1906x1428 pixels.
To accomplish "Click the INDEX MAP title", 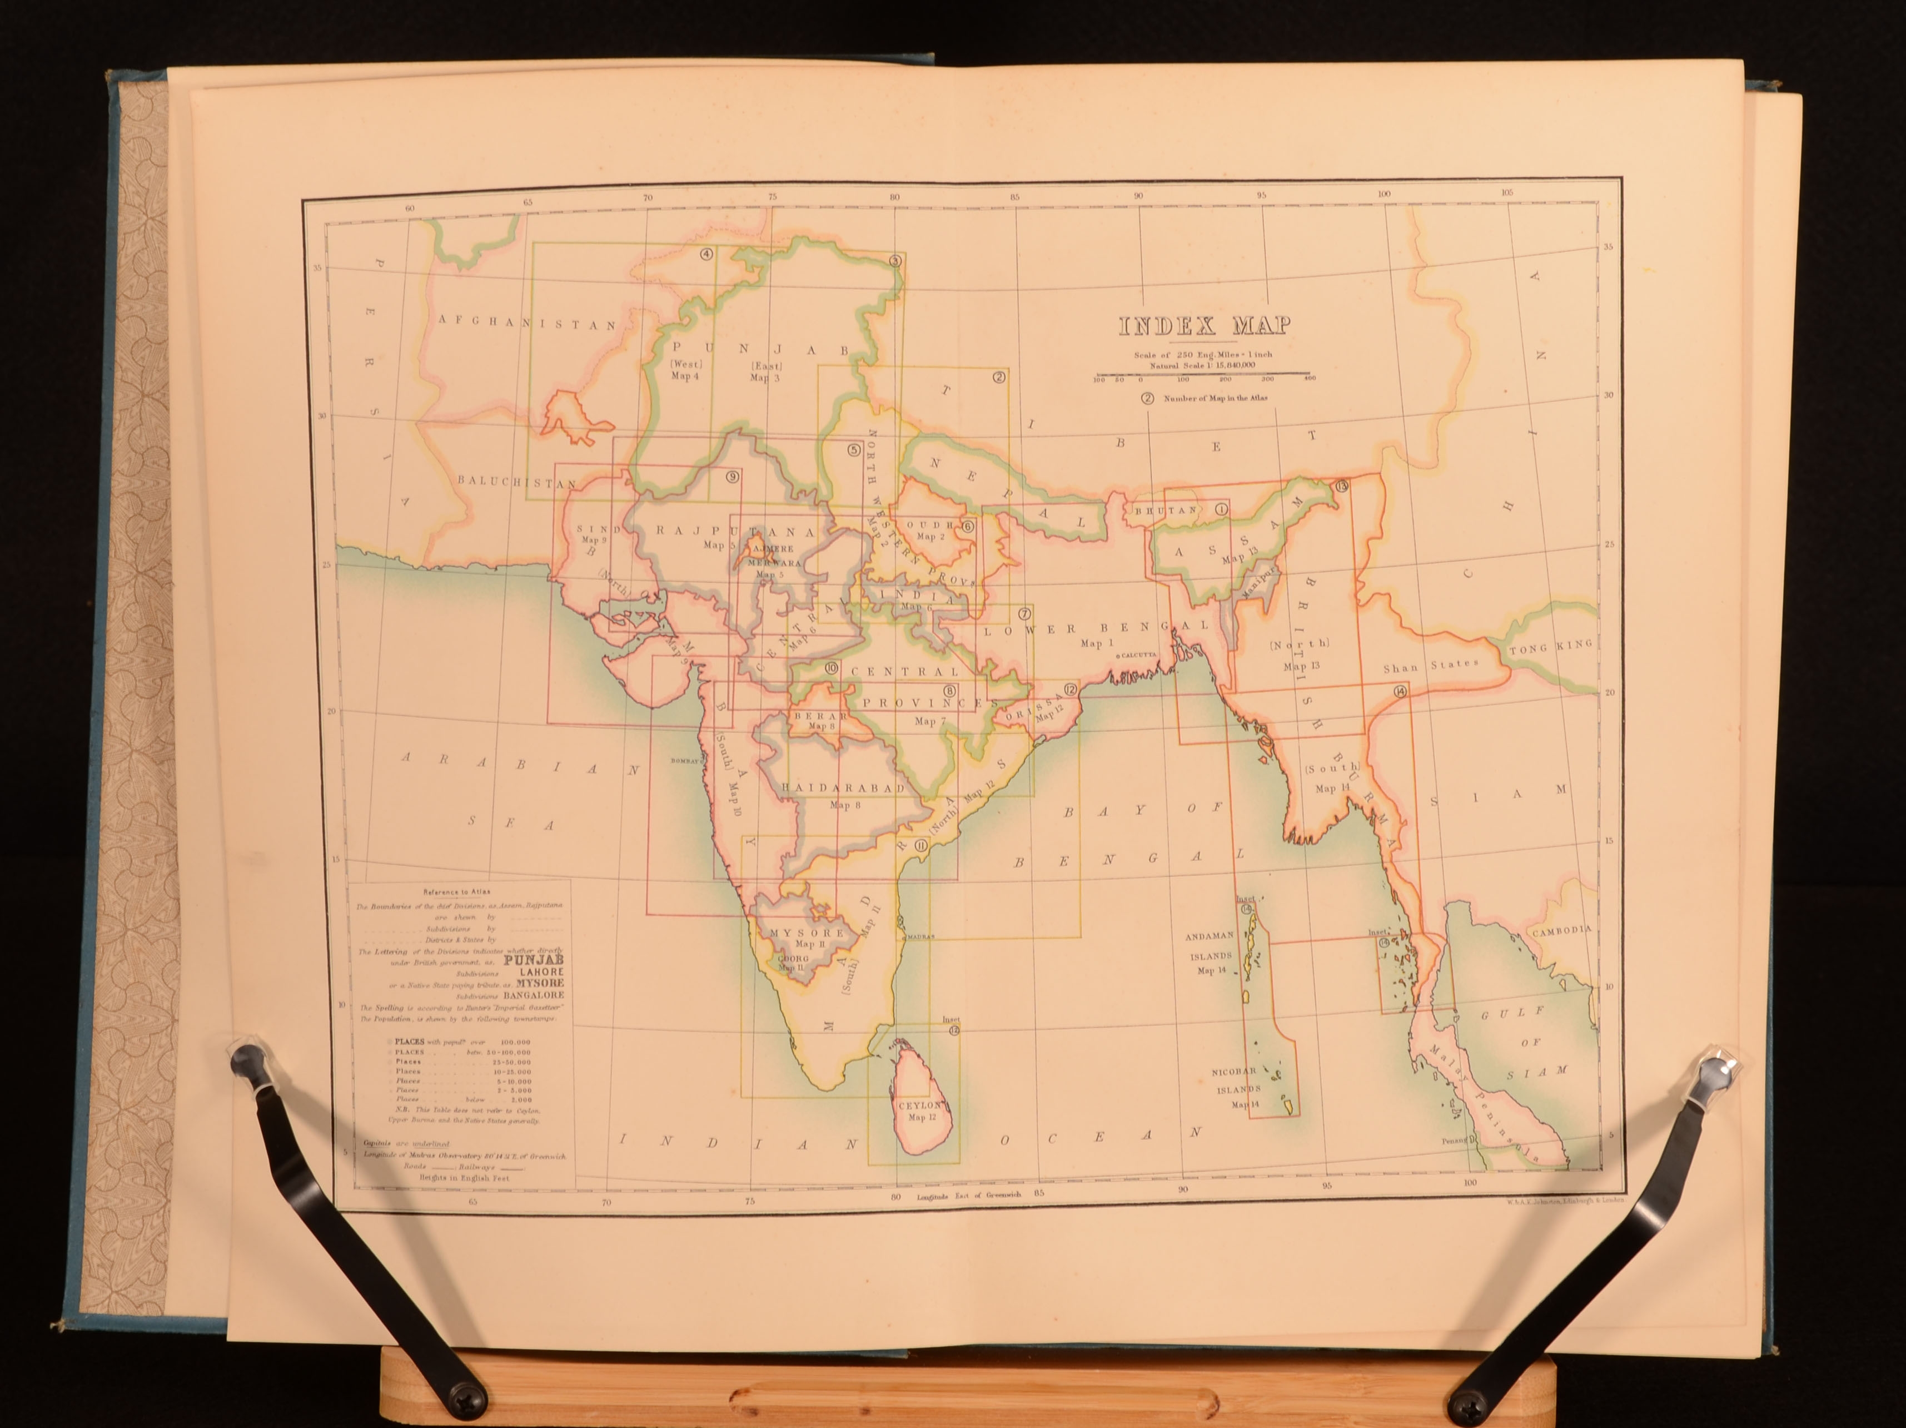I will tap(1204, 326).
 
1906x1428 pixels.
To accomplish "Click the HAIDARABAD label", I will tap(842, 788).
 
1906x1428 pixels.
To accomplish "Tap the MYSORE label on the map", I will tap(807, 933).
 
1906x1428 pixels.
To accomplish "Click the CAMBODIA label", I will tap(1560, 931).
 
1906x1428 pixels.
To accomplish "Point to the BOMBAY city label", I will tap(686, 760).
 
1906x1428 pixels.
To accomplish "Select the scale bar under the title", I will tap(1203, 376).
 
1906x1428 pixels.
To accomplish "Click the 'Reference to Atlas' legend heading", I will tap(457, 891).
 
